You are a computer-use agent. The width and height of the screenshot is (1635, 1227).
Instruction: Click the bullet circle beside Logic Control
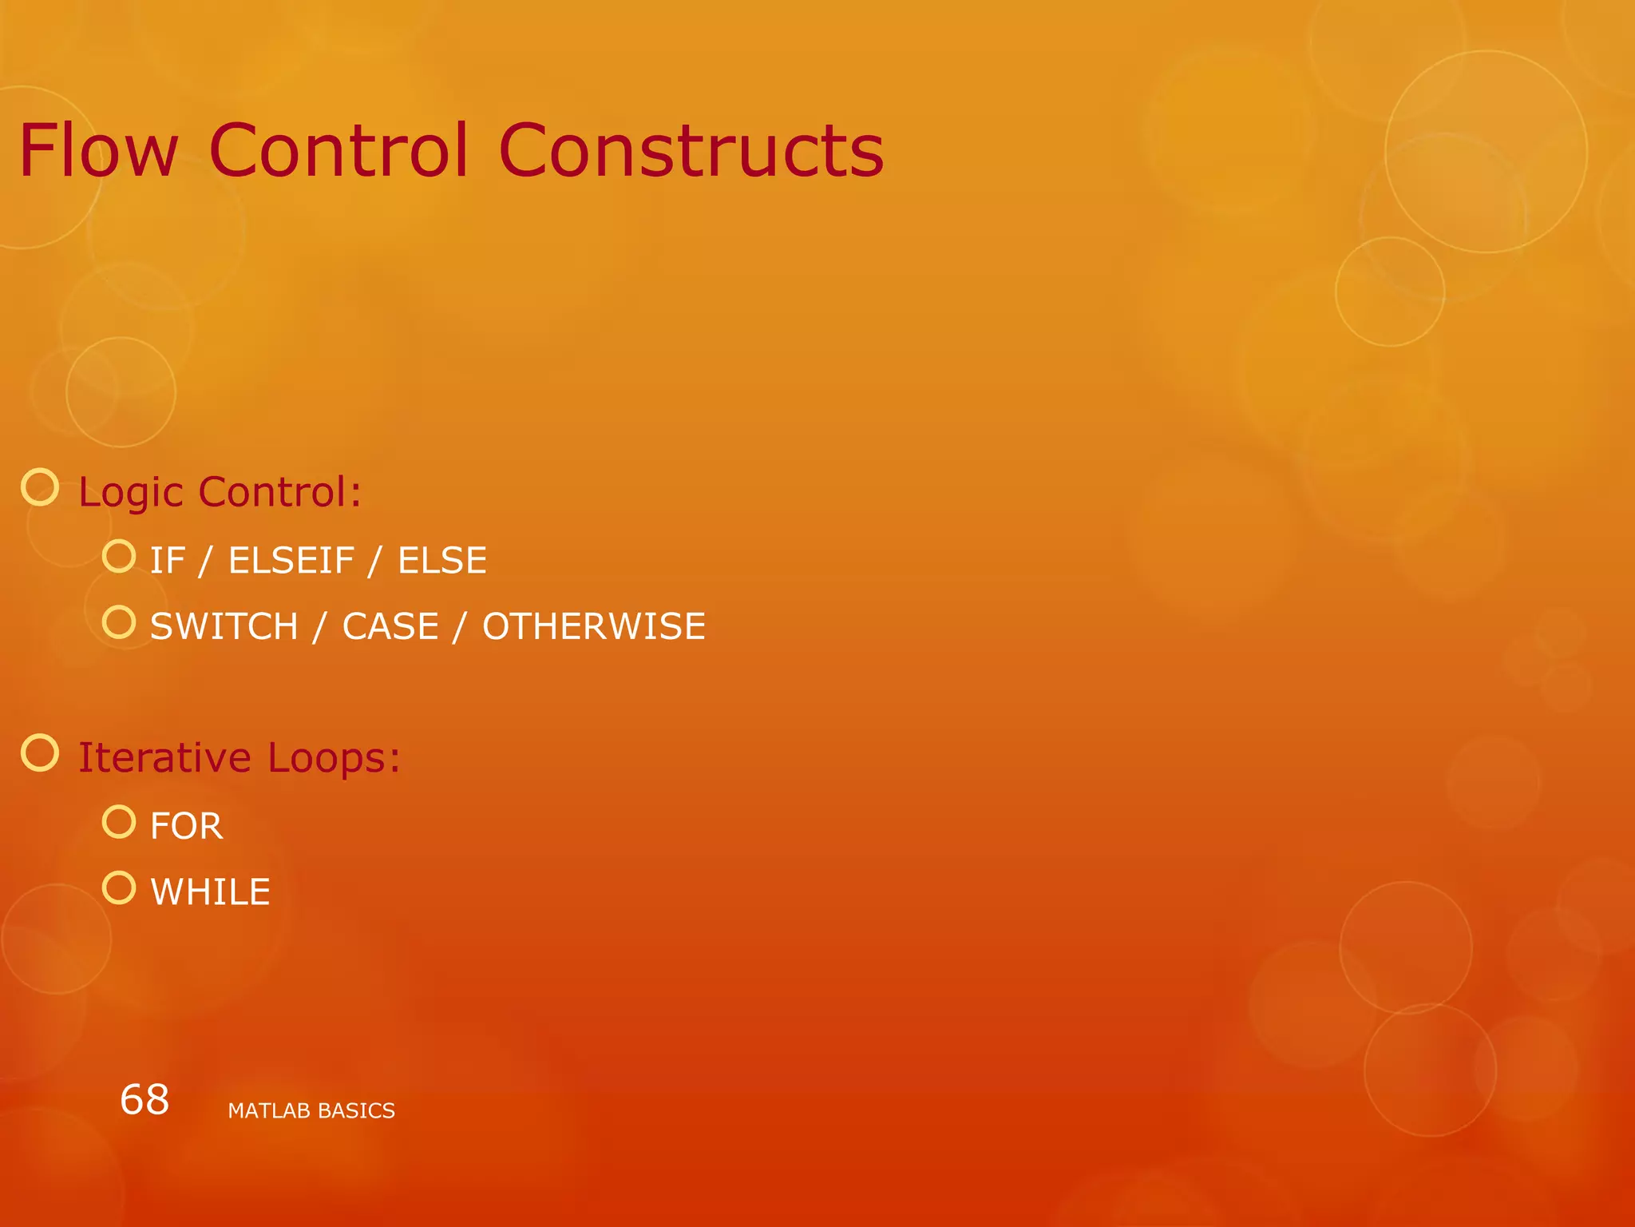40,487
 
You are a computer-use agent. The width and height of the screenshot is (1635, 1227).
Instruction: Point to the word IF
168,561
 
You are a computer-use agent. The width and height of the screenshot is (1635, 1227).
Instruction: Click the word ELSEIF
291,561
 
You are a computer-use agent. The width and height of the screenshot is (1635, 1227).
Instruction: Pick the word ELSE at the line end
442,561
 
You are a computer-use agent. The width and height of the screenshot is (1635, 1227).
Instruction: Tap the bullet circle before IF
119,556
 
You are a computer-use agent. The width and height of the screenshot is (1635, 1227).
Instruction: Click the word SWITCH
224,626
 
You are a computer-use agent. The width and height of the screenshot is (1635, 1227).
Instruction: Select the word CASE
390,626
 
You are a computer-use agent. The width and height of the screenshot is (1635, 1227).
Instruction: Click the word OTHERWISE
594,626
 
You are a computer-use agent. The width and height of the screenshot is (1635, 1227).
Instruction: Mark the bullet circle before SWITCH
119,622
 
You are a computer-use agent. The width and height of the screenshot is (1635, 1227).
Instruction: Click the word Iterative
164,757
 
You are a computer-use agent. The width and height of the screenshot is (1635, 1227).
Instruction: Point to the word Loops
334,757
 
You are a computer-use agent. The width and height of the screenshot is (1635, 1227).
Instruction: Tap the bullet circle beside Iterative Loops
40,753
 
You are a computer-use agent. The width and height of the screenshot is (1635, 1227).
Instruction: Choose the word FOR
187,826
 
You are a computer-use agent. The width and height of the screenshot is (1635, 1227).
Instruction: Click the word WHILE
211,892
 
